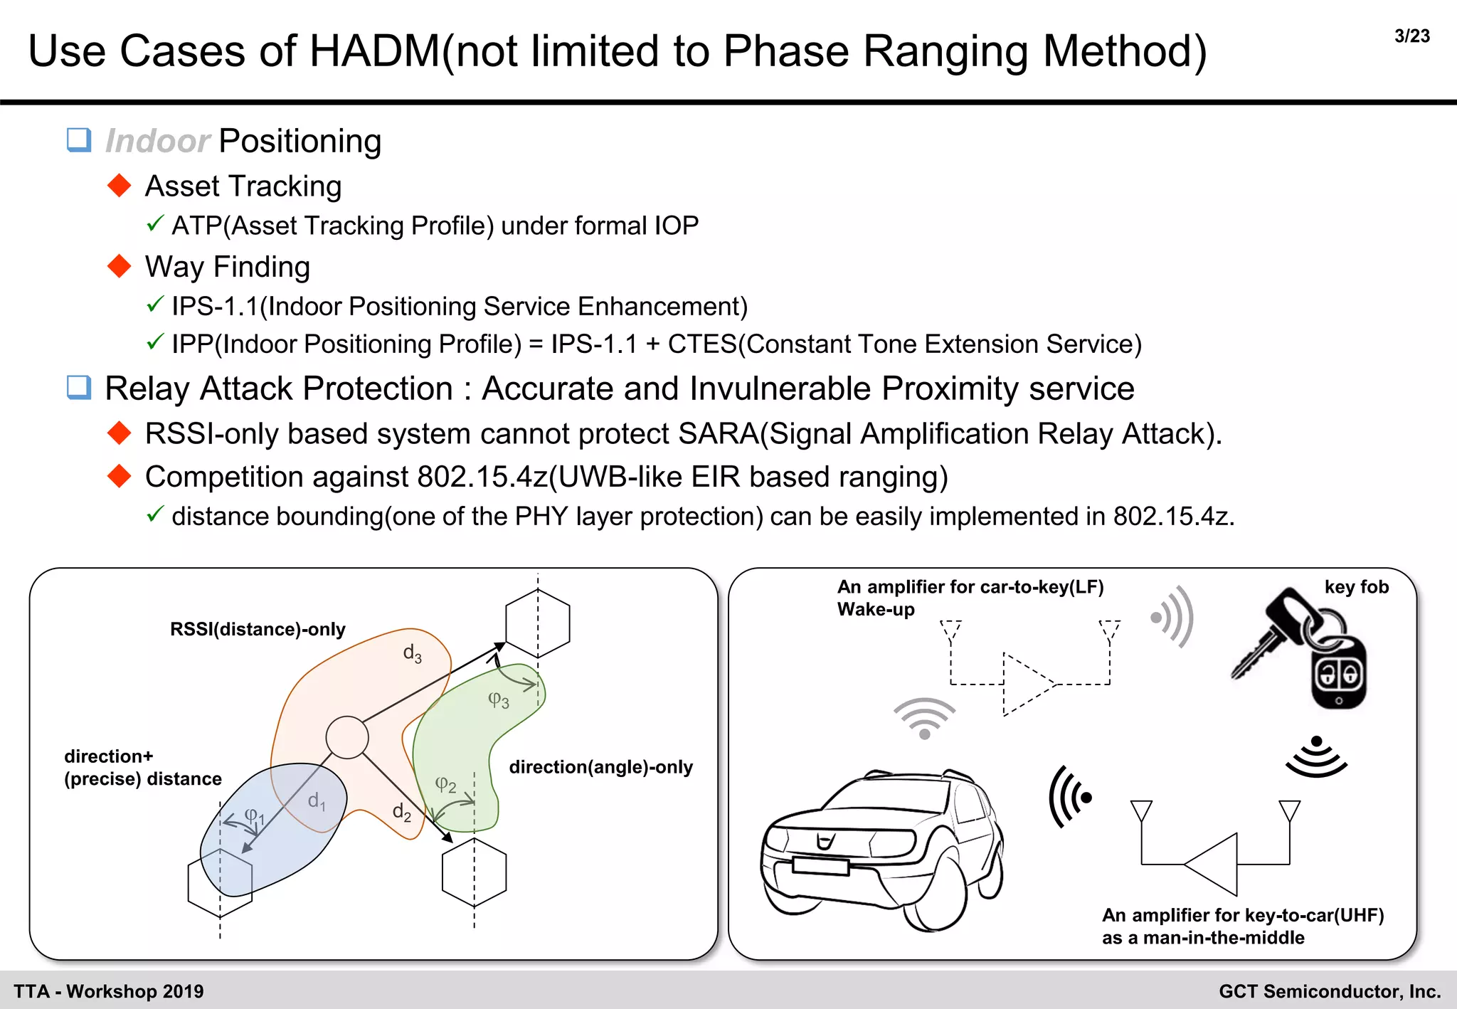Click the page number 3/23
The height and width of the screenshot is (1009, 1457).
click(x=1411, y=36)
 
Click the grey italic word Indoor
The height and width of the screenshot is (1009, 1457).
click(x=157, y=141)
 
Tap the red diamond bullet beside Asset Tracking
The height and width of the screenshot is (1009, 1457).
click(x=120, y=186)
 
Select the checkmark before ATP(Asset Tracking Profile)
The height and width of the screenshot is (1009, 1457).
click(x=155, y=224)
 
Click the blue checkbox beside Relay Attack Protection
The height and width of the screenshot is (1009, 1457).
click(x=79, y=388)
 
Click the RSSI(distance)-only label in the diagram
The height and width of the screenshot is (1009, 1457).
click(x=258, y=629)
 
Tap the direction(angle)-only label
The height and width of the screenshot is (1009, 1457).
click(x=600, y=767)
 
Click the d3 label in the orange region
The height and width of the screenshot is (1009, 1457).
click(x=412, y=653)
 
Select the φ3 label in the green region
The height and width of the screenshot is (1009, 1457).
click(x=498, y=701)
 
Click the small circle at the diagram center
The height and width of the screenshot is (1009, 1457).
click(x=347, y=737)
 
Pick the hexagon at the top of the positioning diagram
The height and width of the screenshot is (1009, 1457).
click(x=538, y=623)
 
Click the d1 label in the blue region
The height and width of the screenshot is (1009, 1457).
click(x=317, y=801)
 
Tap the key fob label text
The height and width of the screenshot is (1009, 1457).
click(x=1356, y=587)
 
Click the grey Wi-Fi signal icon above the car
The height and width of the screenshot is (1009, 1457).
click(x=924, y=719)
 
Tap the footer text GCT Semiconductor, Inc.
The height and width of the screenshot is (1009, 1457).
click(x=1330, y=991)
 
